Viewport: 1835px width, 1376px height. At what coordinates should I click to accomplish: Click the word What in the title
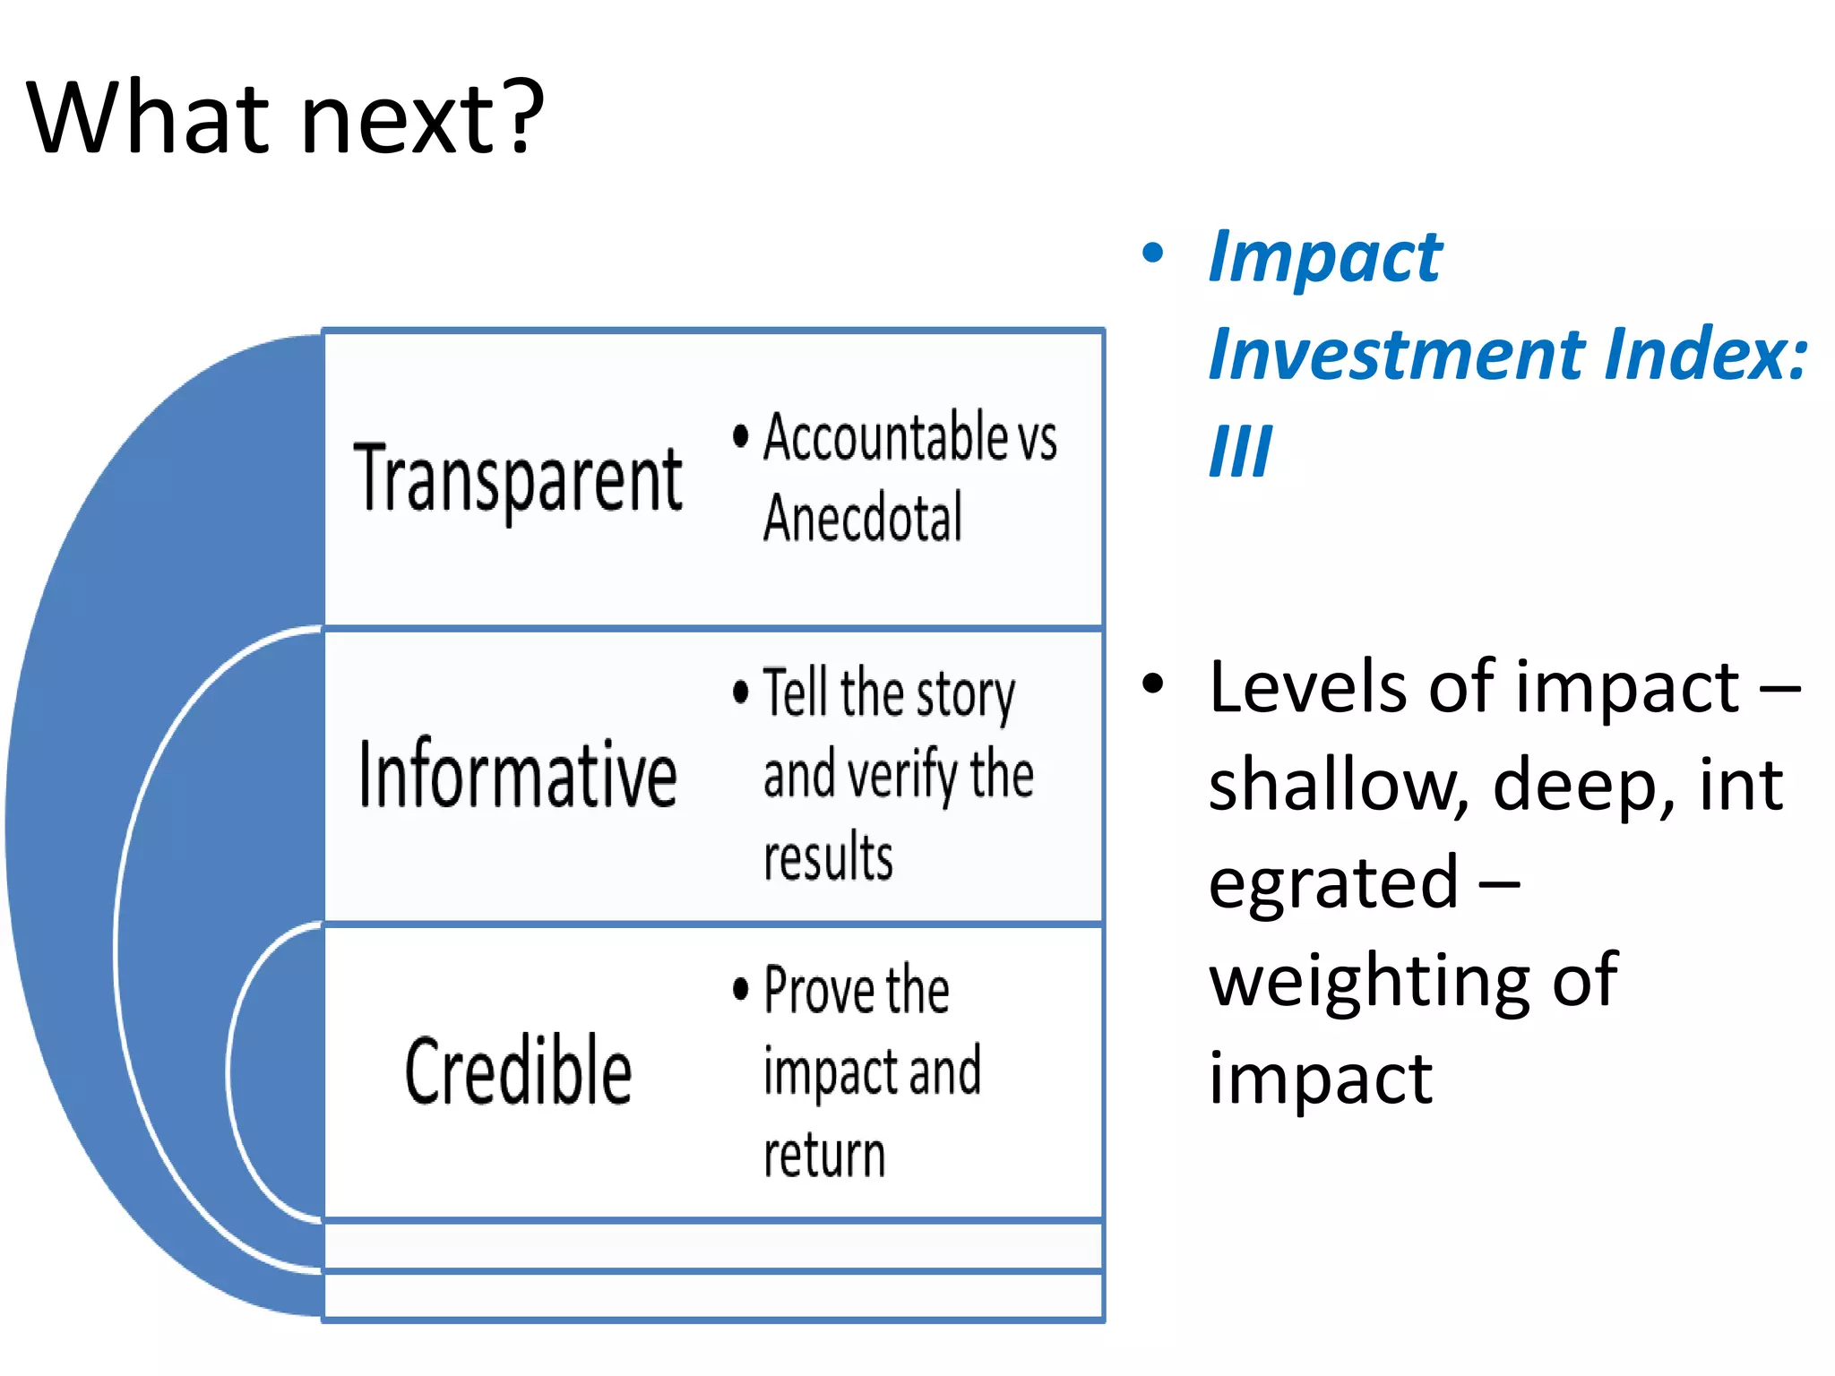(x=149, y=116)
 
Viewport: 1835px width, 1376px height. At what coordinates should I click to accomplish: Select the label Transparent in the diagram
(x=518, y=479)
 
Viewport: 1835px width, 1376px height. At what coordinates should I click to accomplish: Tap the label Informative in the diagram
(x=518, y=775)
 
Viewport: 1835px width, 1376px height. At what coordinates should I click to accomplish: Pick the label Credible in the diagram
(x=518, y=1071)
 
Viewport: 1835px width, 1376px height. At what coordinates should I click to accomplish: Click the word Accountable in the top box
(x=886, y=437)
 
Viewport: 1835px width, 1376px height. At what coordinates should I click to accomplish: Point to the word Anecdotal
(x=863, y=518)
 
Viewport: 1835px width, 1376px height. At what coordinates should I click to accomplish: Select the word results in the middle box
(x=828, y=856)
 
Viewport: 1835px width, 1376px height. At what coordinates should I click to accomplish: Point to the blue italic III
(x=1240, y=451)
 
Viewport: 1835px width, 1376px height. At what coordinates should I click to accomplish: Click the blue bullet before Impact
(x=1153, y=254)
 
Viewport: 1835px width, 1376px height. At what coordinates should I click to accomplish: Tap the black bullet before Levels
(x=1153, y=684)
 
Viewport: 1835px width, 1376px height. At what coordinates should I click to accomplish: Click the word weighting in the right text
(x=1369, y=981)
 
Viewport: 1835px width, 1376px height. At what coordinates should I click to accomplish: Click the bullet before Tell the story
(x=740, y=692)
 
